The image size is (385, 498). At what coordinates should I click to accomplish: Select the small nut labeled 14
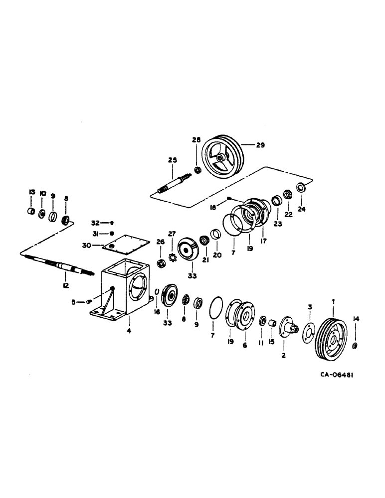[355, 346]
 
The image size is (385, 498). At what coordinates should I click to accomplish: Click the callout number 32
[95, 223]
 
